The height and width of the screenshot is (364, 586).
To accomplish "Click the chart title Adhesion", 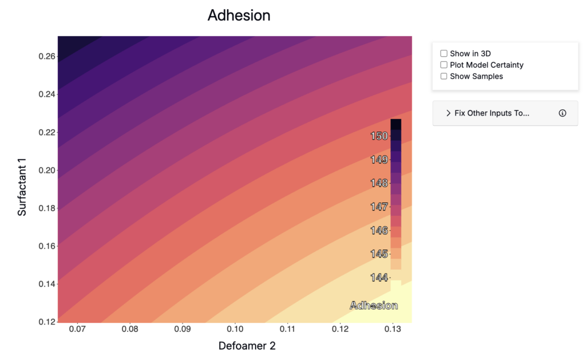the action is point(239,15).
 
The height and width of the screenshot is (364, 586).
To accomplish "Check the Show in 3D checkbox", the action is point(444,53).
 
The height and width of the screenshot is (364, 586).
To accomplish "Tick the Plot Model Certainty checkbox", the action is point(444,65).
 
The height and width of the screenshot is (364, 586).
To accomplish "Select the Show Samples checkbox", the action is point(444,76).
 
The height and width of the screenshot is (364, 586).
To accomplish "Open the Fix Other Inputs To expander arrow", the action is point(449,113).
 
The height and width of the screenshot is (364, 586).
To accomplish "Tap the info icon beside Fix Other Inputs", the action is point(563,113).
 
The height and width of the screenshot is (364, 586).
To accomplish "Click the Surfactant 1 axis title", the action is point(22,187).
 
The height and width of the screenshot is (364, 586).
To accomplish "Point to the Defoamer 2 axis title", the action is point(247,346).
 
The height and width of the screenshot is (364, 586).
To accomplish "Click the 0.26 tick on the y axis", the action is point(47,57).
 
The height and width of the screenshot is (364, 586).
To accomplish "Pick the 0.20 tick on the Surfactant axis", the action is point(47,171).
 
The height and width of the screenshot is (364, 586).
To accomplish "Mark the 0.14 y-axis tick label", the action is point(47,284).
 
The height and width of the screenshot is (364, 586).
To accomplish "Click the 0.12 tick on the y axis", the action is point(47,322).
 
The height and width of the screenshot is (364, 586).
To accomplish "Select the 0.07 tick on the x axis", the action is point(77,329).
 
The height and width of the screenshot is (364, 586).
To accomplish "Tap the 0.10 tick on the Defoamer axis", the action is point(235,329).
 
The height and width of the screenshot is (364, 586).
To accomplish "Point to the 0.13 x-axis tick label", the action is point(393,329).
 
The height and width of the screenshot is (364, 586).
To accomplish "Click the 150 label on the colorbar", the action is point(379,136).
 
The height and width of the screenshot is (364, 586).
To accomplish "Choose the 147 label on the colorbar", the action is point(379,207).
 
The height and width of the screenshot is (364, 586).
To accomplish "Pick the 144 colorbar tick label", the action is point(379,278).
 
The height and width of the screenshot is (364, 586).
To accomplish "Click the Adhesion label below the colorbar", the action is point(374,306).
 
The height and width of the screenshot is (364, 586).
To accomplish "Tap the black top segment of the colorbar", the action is point(396,124).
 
